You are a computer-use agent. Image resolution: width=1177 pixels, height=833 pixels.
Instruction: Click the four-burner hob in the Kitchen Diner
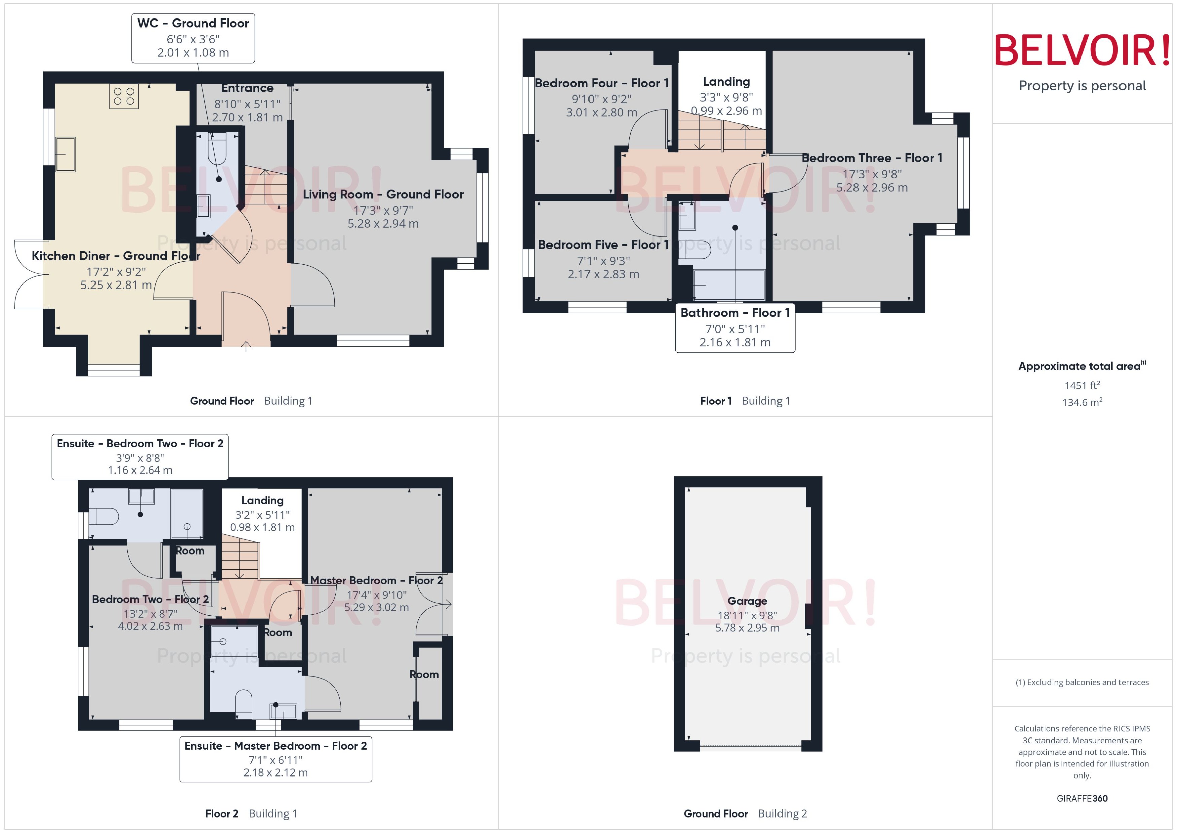124,97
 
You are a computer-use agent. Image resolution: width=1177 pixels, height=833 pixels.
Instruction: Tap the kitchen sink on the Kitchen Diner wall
66,154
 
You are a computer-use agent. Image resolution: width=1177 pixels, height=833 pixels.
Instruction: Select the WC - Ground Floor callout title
193,23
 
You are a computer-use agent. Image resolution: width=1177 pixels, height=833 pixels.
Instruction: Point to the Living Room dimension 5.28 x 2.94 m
383,224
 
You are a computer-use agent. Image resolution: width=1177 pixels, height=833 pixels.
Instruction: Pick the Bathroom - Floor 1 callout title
734,313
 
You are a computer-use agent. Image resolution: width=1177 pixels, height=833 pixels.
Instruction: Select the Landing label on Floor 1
726,82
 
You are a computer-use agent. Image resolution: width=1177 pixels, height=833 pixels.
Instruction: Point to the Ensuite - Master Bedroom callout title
275,746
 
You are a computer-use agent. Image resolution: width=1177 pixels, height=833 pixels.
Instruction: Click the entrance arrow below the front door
246,347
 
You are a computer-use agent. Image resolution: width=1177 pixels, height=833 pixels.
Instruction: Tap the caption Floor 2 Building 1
251,813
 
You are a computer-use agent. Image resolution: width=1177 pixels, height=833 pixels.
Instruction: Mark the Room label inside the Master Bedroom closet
424,675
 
